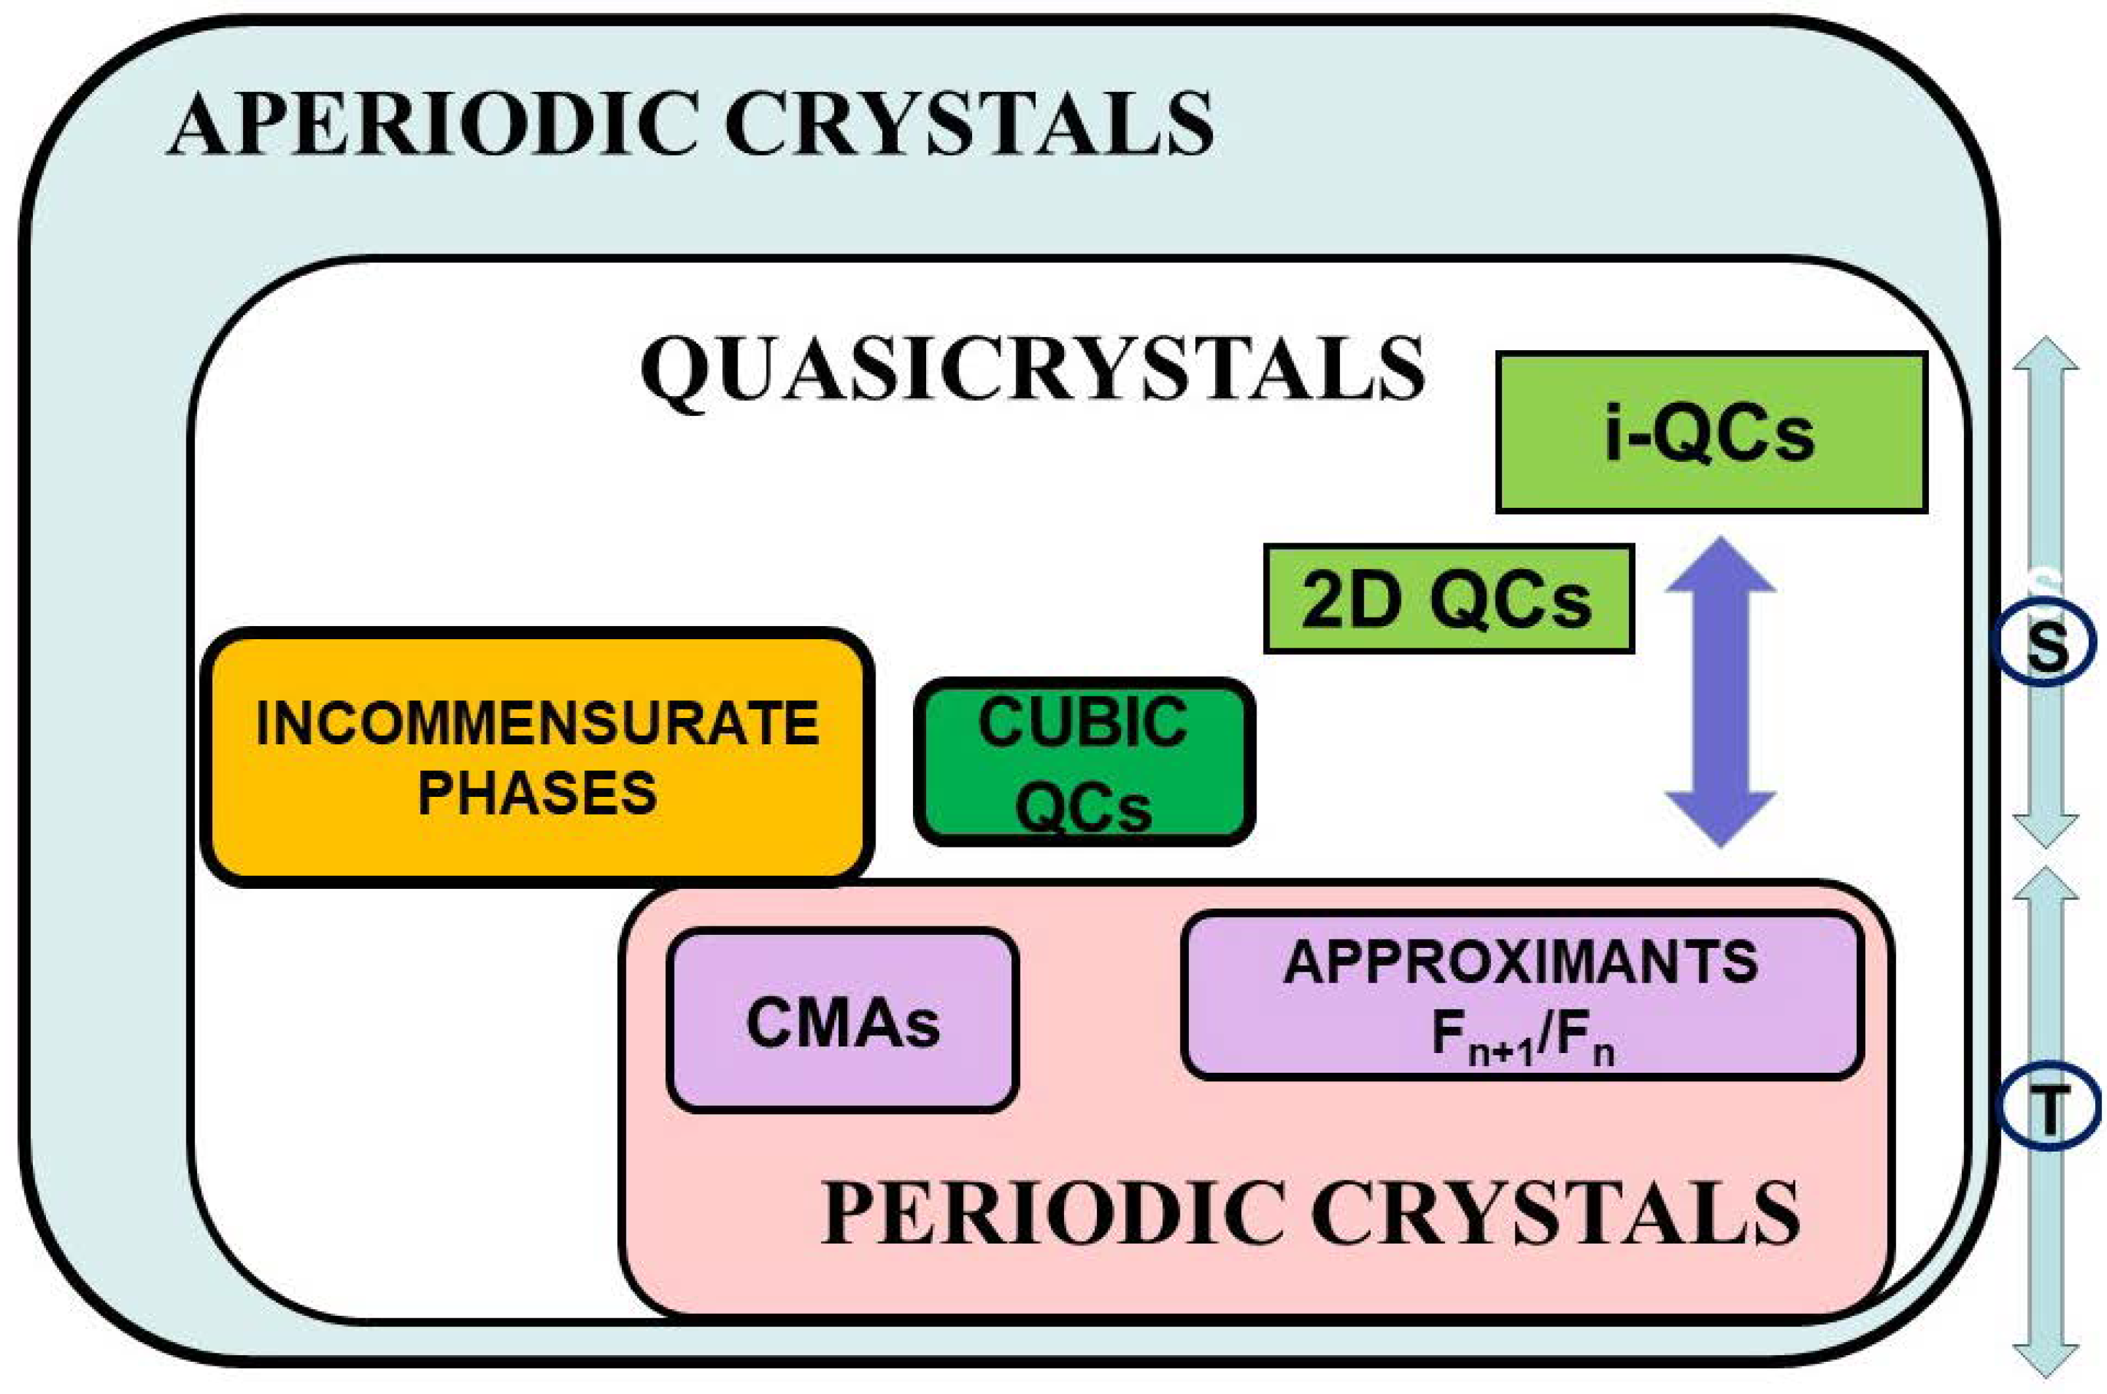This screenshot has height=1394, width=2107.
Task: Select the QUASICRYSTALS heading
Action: pos(1032,369)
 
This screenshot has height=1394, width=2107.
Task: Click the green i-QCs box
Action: pos(1711,433)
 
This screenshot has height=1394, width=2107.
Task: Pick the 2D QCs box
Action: pos(1448,599)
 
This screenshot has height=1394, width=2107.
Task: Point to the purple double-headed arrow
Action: pos(1719,692)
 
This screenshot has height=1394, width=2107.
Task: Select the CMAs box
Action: pos(843,1022)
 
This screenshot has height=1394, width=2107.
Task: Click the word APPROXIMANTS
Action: pos(1520,962)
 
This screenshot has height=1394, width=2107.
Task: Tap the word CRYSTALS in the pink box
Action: pos(1555,1213)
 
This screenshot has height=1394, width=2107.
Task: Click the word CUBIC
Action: pos(1083,722)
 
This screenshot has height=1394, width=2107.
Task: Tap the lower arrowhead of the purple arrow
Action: pos(1719,816)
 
